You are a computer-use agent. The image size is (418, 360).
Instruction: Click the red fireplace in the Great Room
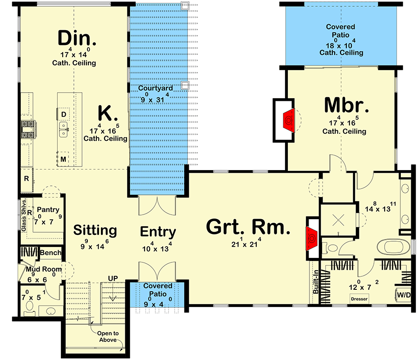(311, 238)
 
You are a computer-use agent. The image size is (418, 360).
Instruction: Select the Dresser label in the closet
(359, 299)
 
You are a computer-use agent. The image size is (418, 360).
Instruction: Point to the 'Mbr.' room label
(346, 106)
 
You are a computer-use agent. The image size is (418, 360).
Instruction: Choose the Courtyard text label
(155, 88)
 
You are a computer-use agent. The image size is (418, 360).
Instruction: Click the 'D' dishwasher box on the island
(64, 114)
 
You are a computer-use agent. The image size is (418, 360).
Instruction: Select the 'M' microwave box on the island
(64, 159)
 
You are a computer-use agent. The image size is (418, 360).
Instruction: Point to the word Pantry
(48, 210)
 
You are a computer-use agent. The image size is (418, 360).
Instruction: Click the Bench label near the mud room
(50, 253)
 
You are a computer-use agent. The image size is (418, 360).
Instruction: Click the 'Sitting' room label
(95, 230)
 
